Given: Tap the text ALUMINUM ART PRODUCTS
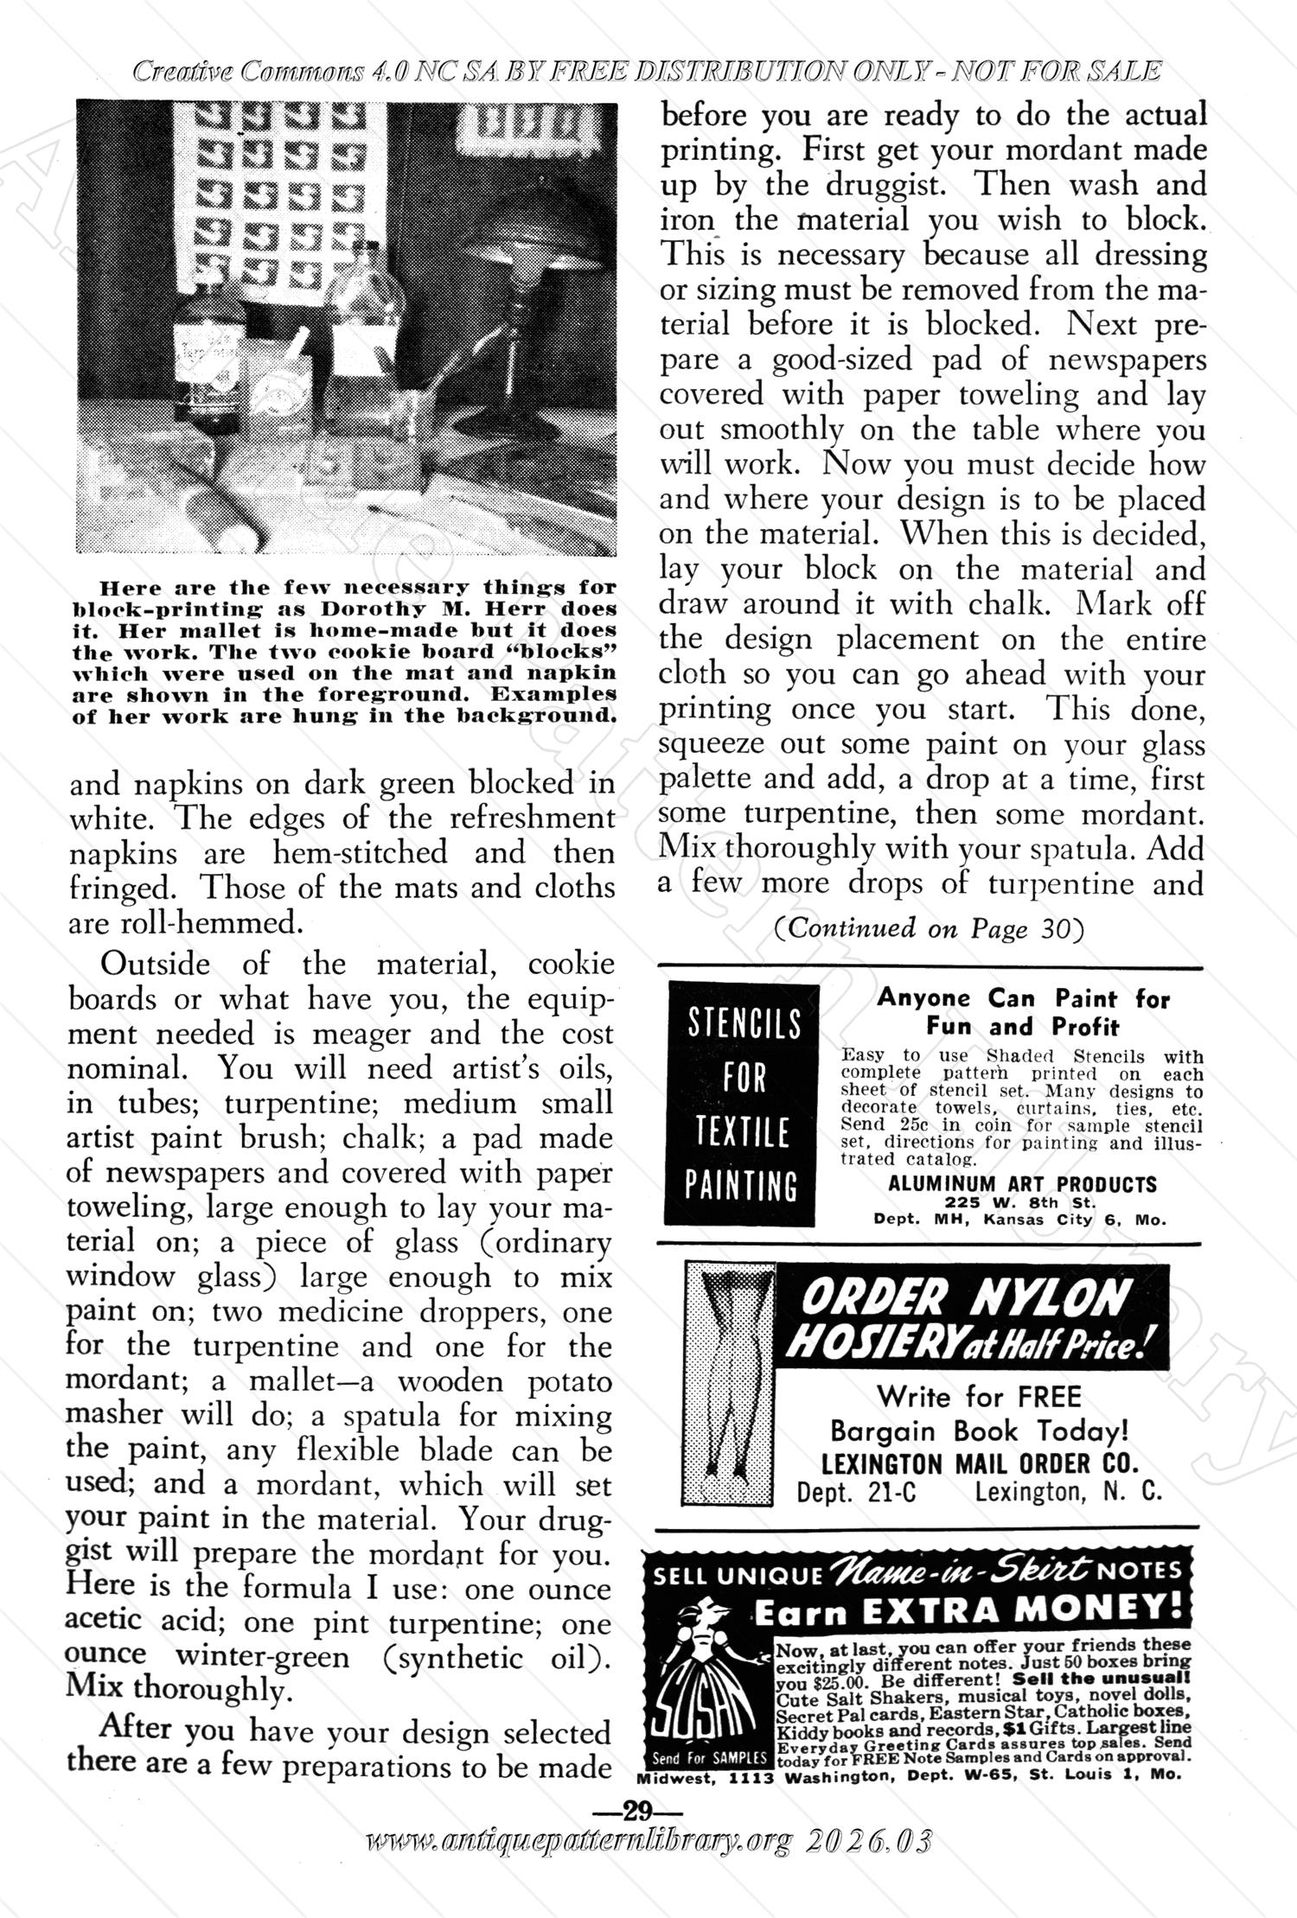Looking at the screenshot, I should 1021,1184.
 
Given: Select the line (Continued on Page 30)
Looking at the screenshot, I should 928,927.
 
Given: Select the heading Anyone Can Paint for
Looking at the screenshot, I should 1022,999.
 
